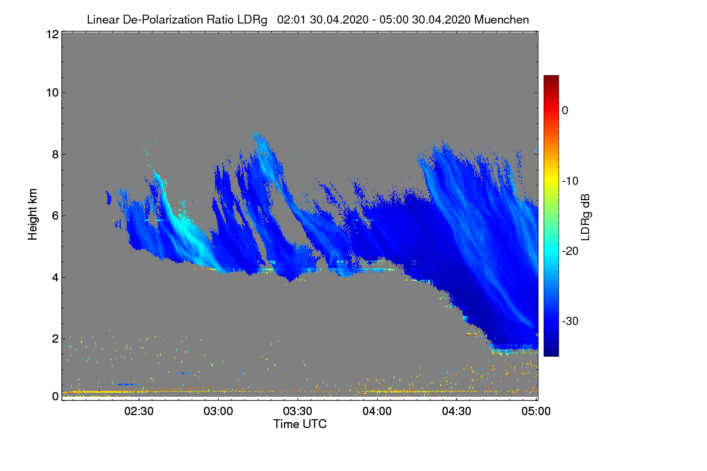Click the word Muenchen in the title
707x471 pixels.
coord(501,19)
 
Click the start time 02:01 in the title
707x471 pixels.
coord(289,19)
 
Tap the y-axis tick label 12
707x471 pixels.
coord(51,34)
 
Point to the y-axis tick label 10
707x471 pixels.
coord(51,92)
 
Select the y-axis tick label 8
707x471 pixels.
coord(54,154)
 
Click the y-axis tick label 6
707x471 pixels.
coord(54,215)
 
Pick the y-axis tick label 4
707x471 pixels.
coord(54,277)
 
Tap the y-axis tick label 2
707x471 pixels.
coord(54,339)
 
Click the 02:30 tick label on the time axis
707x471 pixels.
coord(139,412)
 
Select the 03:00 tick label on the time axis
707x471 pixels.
coord(219,412)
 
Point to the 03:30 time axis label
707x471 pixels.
coord(298,412)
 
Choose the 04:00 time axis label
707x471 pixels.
coord(378,412)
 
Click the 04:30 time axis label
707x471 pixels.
coord(457,412)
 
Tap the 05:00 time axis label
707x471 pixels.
coord(536,412)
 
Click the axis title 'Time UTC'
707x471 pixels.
coord(299,424)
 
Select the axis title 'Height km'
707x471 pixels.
coord(32,215)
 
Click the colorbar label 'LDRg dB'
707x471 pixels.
coord(586,216)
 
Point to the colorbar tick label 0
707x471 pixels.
coord(565,111)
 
